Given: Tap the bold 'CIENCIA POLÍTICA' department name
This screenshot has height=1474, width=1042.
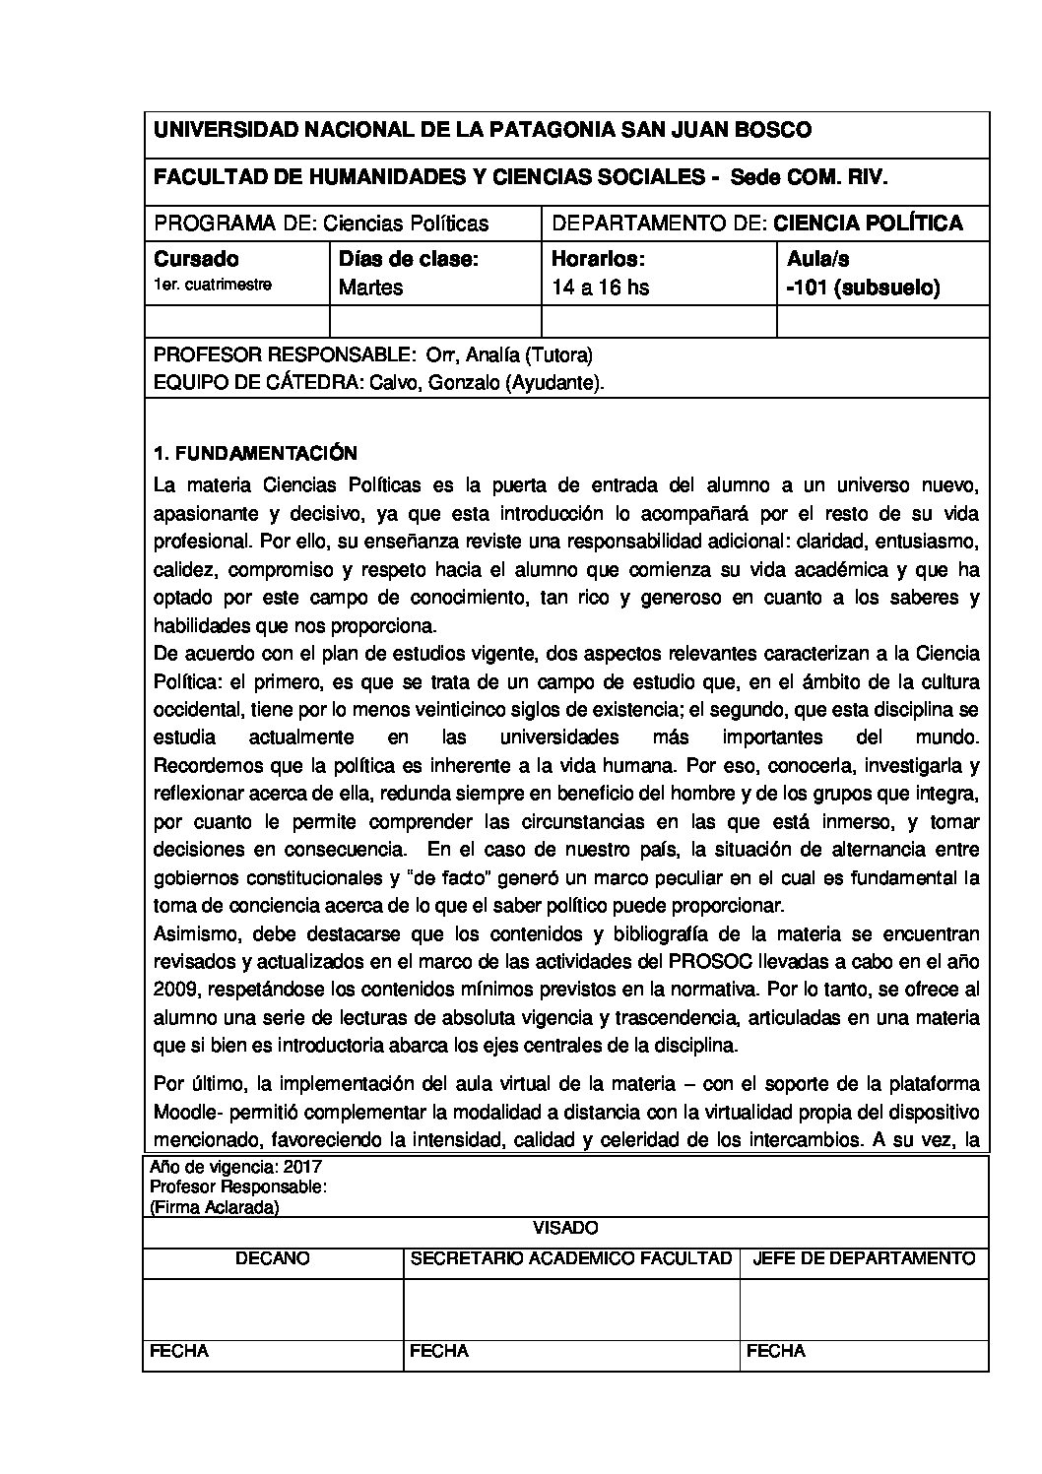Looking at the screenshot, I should pos(868,224).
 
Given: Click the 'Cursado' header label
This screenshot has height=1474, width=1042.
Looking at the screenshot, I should pos(196,260).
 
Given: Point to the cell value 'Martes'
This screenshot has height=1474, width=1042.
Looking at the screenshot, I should pos(370,288).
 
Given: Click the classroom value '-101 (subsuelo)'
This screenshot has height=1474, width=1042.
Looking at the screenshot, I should pos(863,288).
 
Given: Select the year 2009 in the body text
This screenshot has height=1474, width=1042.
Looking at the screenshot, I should pos(174,990).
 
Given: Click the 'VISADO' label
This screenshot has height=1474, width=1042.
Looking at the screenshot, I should pos(565,1228).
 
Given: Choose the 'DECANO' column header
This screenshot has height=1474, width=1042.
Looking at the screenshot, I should pos(272,1258).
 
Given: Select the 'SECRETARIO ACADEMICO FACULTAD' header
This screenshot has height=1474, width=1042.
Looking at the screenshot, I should pos(570,1258).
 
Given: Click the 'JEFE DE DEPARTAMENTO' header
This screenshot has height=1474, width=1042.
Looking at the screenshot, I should pos(864,1258).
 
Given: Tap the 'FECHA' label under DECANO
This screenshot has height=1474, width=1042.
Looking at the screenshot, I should pos(178,1352).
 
